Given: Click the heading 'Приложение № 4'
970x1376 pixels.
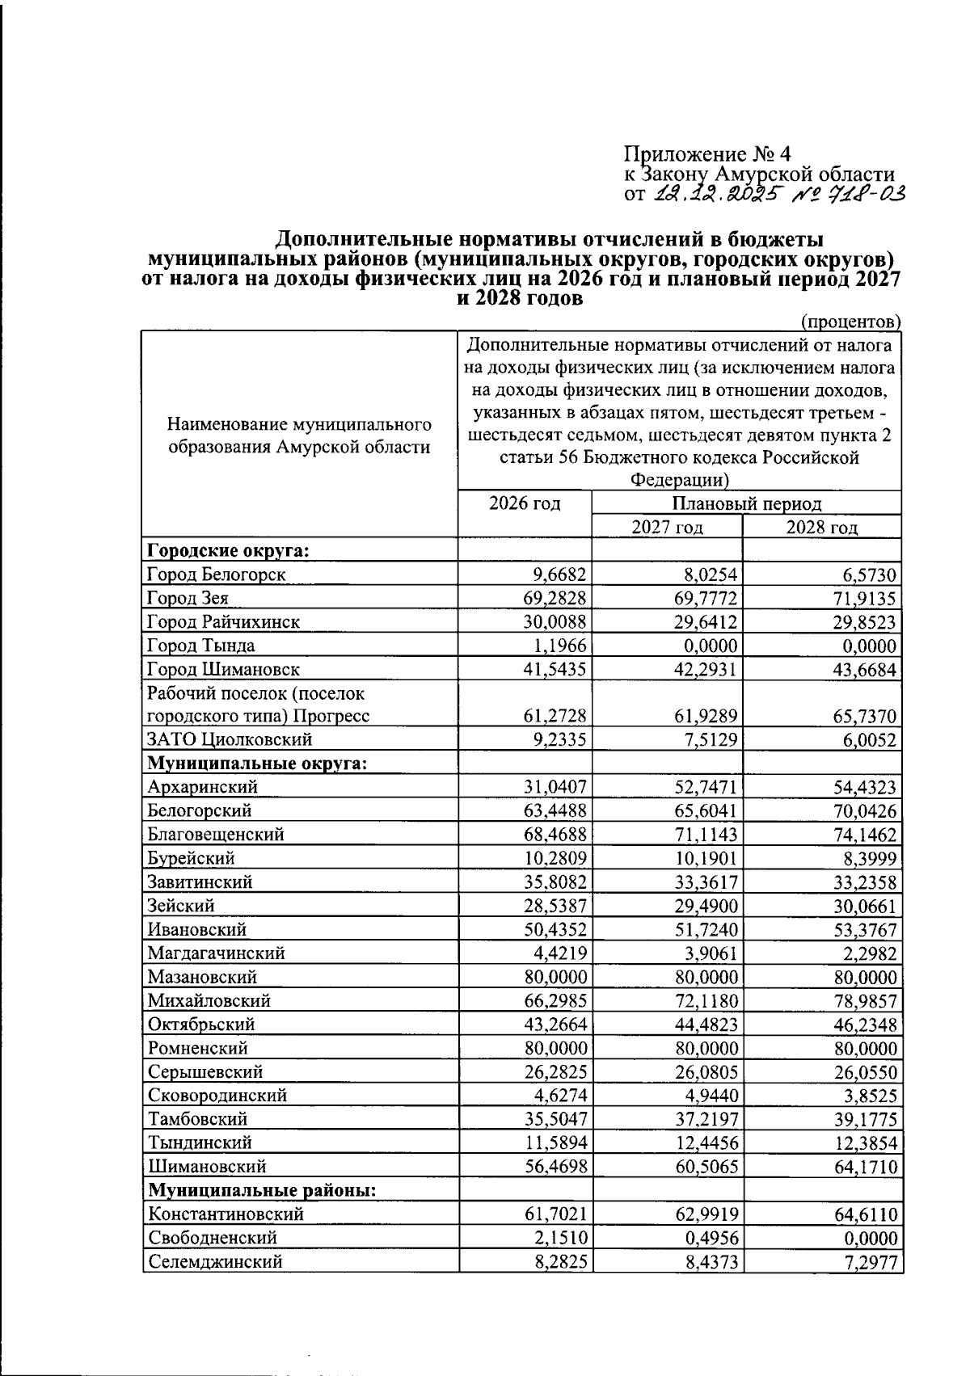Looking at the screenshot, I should click(708, 154).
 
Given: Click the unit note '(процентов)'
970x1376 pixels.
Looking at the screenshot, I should click(850, 322).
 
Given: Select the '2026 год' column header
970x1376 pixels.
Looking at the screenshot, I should click(525, 503).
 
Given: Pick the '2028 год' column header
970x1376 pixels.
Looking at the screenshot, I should click(822, 528).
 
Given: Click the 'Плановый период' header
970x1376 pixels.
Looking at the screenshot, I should click(746, 504).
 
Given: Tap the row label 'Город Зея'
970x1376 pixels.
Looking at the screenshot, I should click(188, 599).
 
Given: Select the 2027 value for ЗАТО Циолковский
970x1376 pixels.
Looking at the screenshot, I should click(711, 740).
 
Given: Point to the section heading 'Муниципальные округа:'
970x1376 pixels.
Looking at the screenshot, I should click(257, 764).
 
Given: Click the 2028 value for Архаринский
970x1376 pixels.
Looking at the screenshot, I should click(864, 787).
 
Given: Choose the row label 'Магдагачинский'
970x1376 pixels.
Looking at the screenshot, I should click(216, 953).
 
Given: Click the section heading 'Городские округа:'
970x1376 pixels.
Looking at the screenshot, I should click(229, 551).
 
